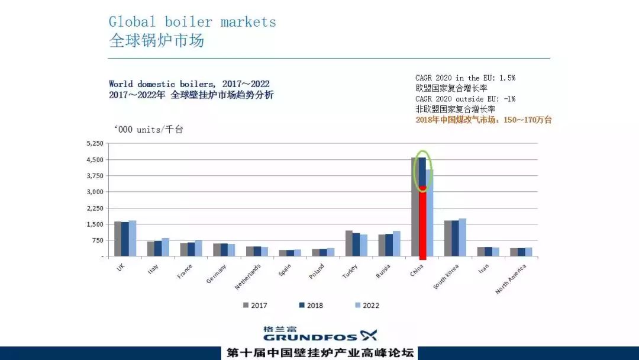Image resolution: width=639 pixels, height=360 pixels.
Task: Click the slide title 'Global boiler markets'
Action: (x=192, y=22)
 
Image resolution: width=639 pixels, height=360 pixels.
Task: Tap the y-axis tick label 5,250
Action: (x=95, y=144)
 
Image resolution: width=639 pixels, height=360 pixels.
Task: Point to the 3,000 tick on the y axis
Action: (x=95, y=192)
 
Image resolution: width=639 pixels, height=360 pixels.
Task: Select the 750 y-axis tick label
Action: (x=97, y=240)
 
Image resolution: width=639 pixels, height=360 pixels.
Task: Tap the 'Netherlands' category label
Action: (x=247, y=277)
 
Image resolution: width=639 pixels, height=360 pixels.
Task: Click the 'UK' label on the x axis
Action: (x=121, y=268)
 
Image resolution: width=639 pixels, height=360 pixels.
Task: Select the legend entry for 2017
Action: (x=255, y=306)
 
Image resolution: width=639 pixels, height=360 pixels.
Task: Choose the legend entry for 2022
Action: (x=367, y=306)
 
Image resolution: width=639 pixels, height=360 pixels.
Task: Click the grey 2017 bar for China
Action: (x=415, y=207)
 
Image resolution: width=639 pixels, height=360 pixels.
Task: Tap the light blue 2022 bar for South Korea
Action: (x=462, y=237)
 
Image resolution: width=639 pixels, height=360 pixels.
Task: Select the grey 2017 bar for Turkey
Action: (x=349, y=243)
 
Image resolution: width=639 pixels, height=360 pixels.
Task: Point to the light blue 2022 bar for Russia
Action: (x=396, y=243)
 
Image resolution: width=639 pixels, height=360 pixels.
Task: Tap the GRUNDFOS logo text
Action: (x=311, y=337)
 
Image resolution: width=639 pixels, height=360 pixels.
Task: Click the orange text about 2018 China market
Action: (x=483, y=120)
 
